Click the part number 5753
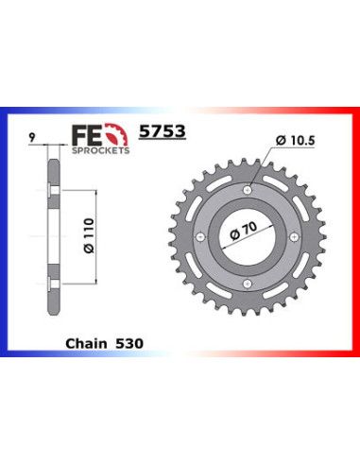pyautogui.click(x=163, y=131)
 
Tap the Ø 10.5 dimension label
pyautogui.click(x=295, y=141)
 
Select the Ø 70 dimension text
pyautogui.click(x=243, y=231)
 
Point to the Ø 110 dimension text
pyautogui.click(x=89, y=235)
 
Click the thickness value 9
pyautogui.click(x=32, y=137)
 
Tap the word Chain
pyautogui.click(x=86, y=343)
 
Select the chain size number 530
pyautogui.click(x=129, y=343)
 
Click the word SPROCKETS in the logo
pyautogui.click(x=101, y=150)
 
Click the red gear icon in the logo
pyautogui.click(x=117, y=134)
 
